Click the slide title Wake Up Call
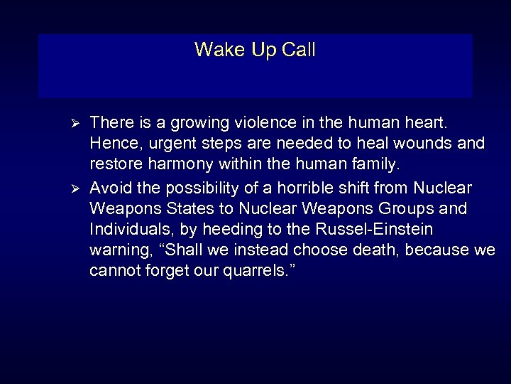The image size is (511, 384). coord(255,50)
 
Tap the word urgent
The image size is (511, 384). coord(164,144)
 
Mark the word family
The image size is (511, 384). coord(371,166)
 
